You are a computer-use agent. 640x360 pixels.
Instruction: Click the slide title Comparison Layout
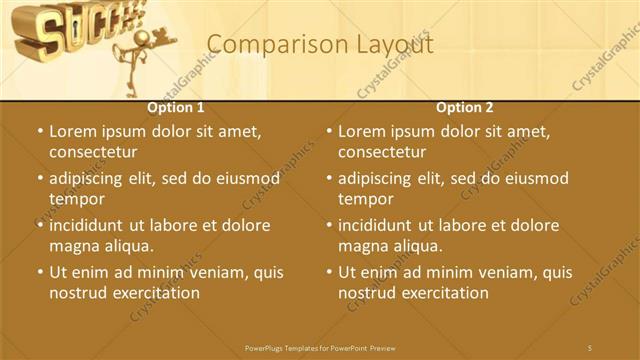point(320,45)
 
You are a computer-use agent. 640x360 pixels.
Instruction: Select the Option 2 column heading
point(465,107)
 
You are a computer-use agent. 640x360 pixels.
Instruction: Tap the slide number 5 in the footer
point(590,347)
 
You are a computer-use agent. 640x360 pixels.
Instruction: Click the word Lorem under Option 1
point(73,131)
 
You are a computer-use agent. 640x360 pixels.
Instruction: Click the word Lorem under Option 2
point(362,131)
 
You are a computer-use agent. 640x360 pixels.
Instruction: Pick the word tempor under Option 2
point(365,199)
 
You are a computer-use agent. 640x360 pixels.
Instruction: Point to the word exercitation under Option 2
point(441,293)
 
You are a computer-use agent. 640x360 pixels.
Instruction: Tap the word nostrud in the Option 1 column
point(78,293)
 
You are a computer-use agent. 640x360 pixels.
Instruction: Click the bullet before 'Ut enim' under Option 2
point(328,272)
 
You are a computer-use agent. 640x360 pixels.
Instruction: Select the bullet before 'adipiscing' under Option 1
point(39,178)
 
